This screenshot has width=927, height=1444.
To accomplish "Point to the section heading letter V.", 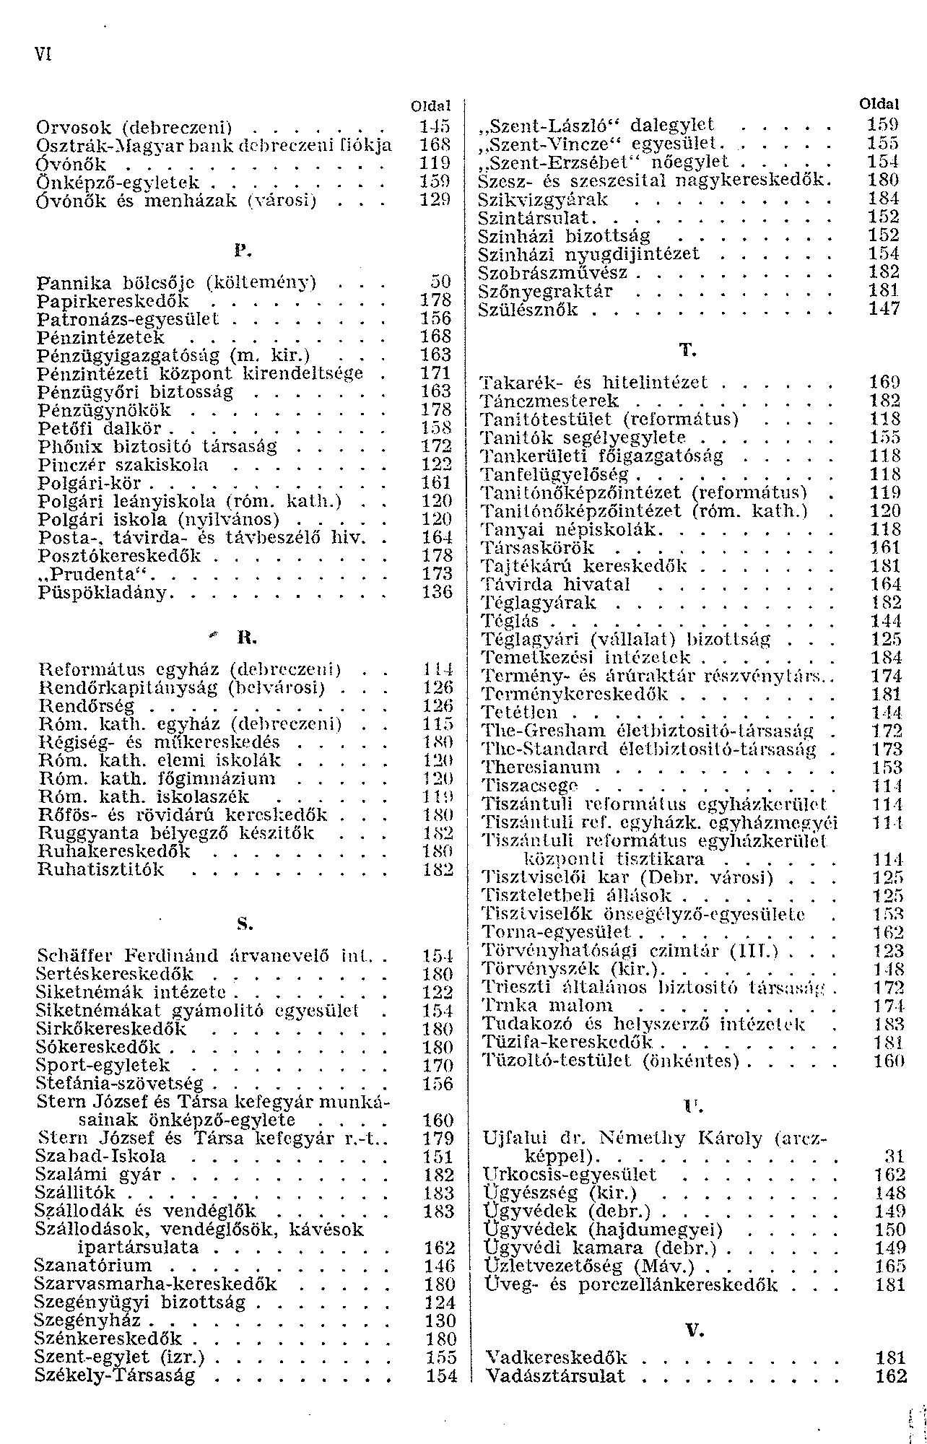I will [695, 1330].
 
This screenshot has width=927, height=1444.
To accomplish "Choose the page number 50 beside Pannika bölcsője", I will [440, 282].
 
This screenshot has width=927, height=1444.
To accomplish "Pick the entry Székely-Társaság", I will [115, 1375].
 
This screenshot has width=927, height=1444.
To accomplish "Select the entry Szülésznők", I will [529, 310].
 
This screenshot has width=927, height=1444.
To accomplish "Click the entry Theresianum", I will [541, 767].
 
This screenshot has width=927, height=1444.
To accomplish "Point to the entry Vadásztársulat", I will [555, 1376].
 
